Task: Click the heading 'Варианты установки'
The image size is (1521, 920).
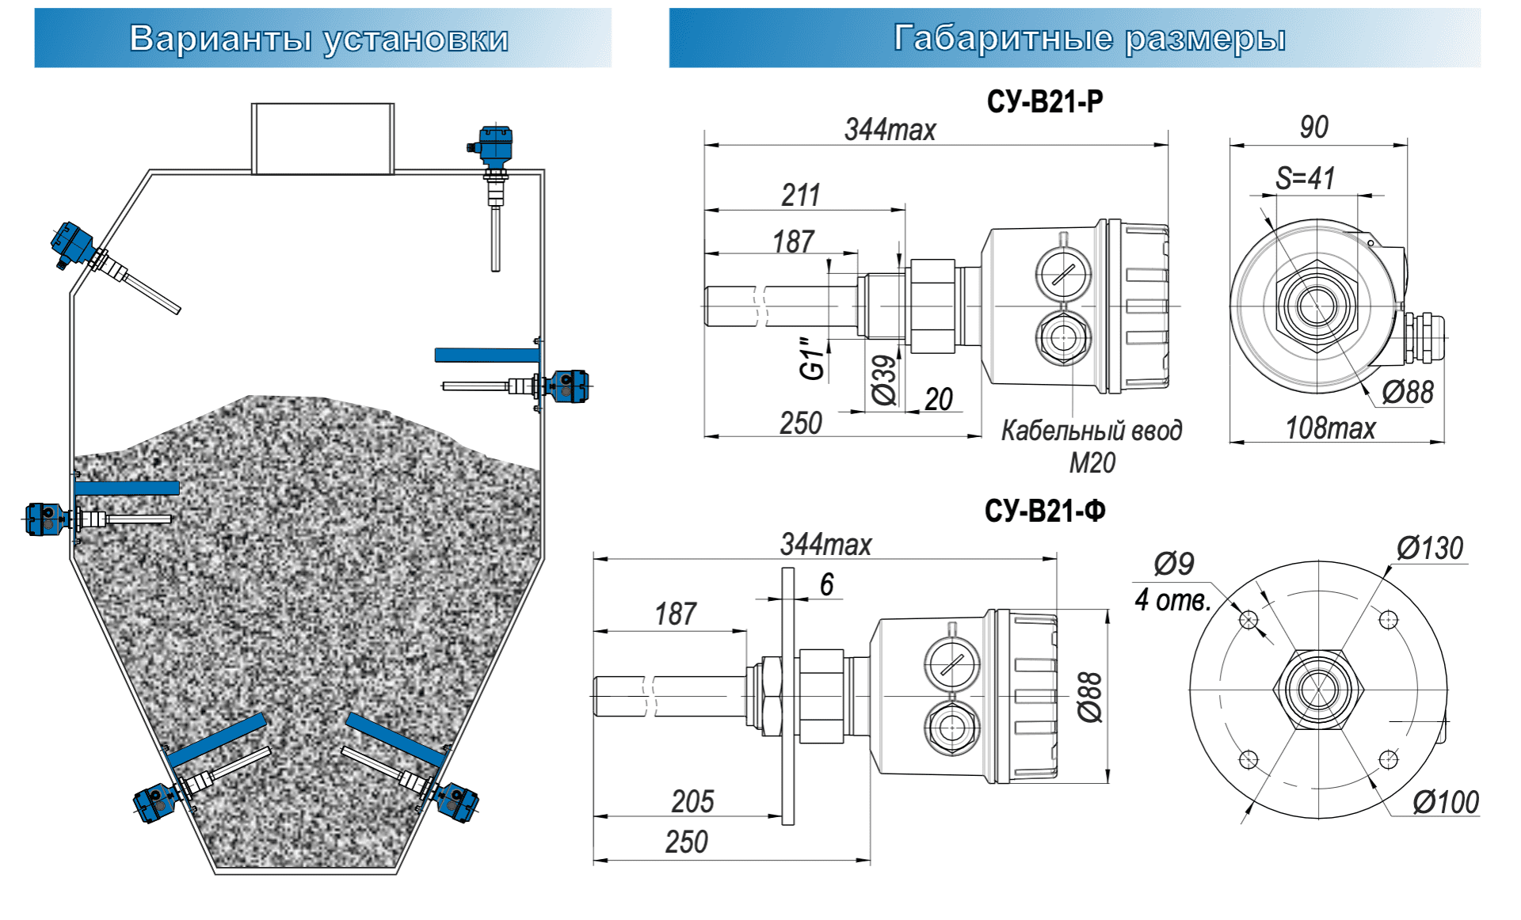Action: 318,38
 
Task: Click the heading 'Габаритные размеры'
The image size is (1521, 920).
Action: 1089,38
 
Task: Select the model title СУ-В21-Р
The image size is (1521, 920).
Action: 1044,101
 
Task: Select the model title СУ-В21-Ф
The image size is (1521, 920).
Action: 1044,511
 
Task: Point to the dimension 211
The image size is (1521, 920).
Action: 800,195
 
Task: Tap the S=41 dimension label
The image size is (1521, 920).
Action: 1305,178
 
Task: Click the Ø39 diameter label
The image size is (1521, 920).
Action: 884,380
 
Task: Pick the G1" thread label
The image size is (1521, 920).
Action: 812,358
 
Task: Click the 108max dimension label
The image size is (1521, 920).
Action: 1330,428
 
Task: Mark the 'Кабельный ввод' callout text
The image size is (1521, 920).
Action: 1092,431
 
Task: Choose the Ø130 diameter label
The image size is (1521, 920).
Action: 1429,548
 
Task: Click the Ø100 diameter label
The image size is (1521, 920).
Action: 1445,802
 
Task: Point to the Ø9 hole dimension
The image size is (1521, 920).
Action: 1173,564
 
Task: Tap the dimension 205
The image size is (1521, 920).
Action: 692,801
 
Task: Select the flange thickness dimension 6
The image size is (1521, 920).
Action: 826,584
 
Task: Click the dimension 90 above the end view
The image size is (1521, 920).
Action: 1313,127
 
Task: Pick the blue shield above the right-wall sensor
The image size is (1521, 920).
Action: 486,355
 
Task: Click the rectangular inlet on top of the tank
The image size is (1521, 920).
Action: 322,138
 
